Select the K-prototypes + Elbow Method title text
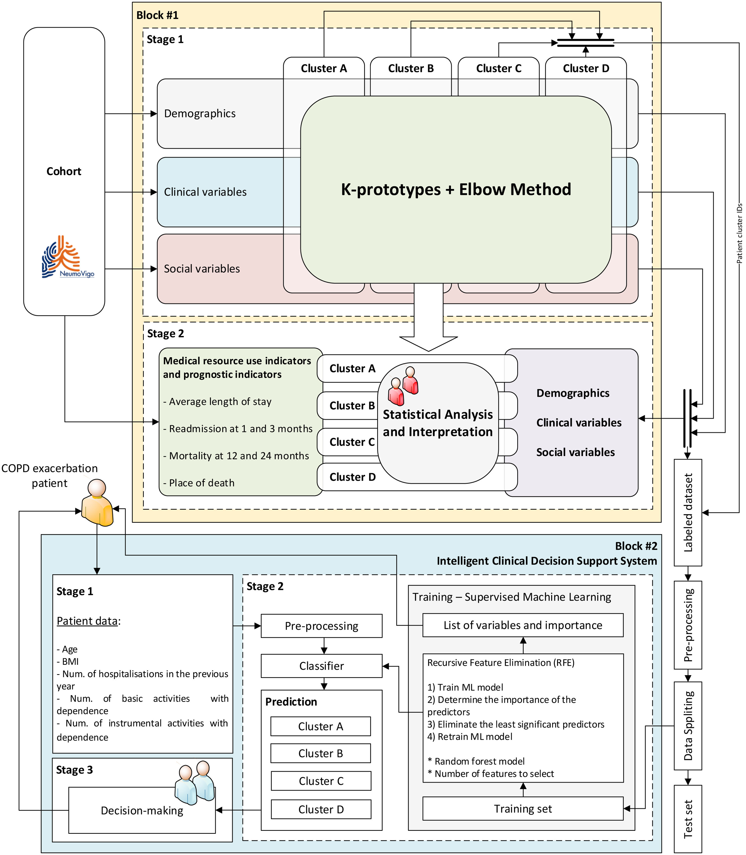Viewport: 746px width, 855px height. click(x=456, y=189)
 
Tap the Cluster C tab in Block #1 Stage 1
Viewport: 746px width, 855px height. click(x=499, y=68)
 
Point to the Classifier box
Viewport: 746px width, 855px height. click(x=321, y=666)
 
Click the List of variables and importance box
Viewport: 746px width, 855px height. click(x=523, y=625)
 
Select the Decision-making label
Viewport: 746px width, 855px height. click(x=142, y=810)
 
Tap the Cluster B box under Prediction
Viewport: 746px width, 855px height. click(x=320, y=753)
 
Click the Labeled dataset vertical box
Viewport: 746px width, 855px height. click(x=688, y=512)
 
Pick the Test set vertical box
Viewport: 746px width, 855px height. click(x=688, y=819)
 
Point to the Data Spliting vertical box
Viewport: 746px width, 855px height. click(x=688, y=725)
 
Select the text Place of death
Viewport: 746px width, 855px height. click(x=199, y=483)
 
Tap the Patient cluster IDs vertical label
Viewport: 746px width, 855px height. click(x=739, y=233)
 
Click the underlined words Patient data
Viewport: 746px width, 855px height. click(x=87, y=621)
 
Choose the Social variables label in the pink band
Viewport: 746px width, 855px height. click(x=202, y=269)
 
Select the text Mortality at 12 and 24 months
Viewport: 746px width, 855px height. click(x=236, y=456)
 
